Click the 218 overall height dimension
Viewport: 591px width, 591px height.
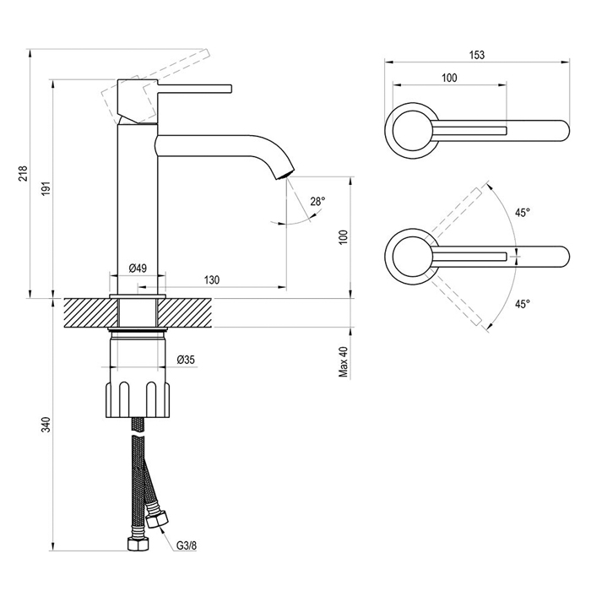point(24,173)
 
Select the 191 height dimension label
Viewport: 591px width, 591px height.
point(46,187)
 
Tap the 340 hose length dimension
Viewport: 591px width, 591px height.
point(46,425)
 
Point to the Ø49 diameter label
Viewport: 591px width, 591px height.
point(138,268)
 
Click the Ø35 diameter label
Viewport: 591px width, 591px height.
point(186,360)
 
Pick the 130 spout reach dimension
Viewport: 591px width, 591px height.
point(212,280)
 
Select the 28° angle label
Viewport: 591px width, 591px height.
point(317,202)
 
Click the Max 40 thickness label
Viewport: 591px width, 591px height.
point(344,362)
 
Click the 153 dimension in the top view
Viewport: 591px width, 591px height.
point(477,55)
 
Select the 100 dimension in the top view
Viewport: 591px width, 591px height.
point(449,78)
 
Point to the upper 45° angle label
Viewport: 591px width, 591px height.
point(523,213)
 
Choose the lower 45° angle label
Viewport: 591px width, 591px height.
point(523,304)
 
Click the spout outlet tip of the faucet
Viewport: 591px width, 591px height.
point(285,175)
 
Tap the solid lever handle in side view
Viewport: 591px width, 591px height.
point(194,89)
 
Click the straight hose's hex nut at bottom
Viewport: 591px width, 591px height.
point(138,544)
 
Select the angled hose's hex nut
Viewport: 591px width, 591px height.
point(156,519)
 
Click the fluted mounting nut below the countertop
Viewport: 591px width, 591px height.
point(138,399)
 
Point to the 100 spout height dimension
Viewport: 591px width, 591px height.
point(344,237)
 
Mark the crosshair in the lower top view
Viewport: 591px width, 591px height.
point(515,257)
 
